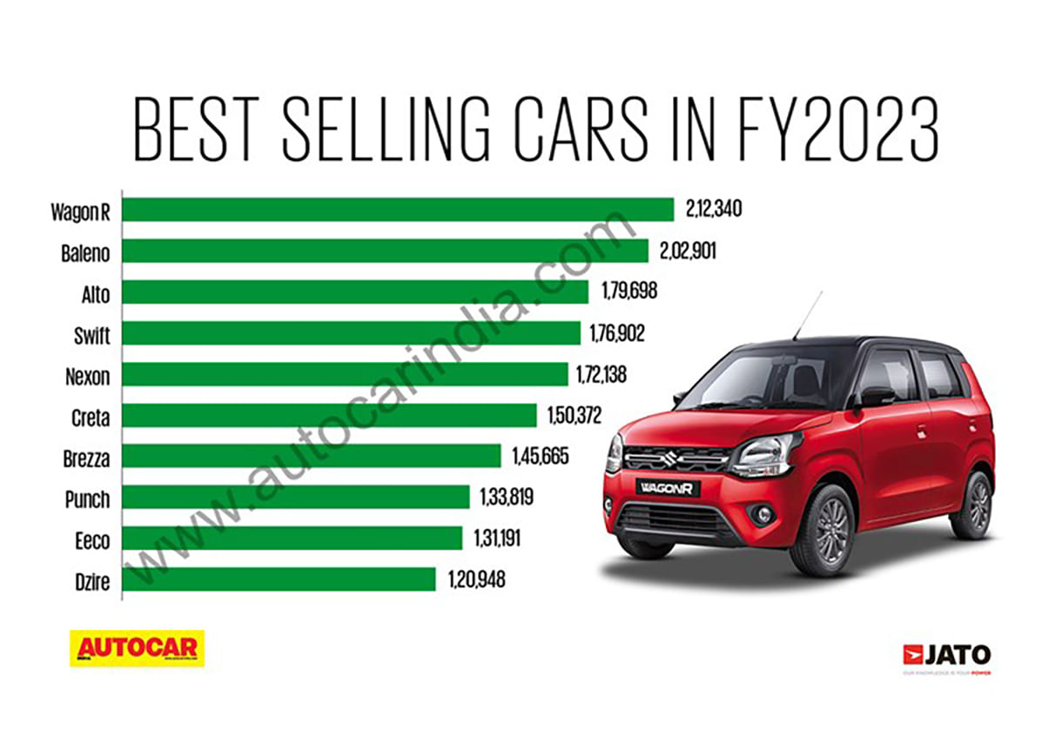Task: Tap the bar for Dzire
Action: point(279,579)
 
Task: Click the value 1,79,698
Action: point(628,292)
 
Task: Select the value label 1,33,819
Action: point(506,498)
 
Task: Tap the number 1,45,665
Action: point(540,457)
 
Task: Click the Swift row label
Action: point(91,334)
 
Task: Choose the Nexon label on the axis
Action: point(88,376)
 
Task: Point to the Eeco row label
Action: point(92,540)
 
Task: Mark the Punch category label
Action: point(88,498)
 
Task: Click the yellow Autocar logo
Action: point(137,648)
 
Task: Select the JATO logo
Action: point(946,655)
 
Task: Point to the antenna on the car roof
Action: point(807,315)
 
